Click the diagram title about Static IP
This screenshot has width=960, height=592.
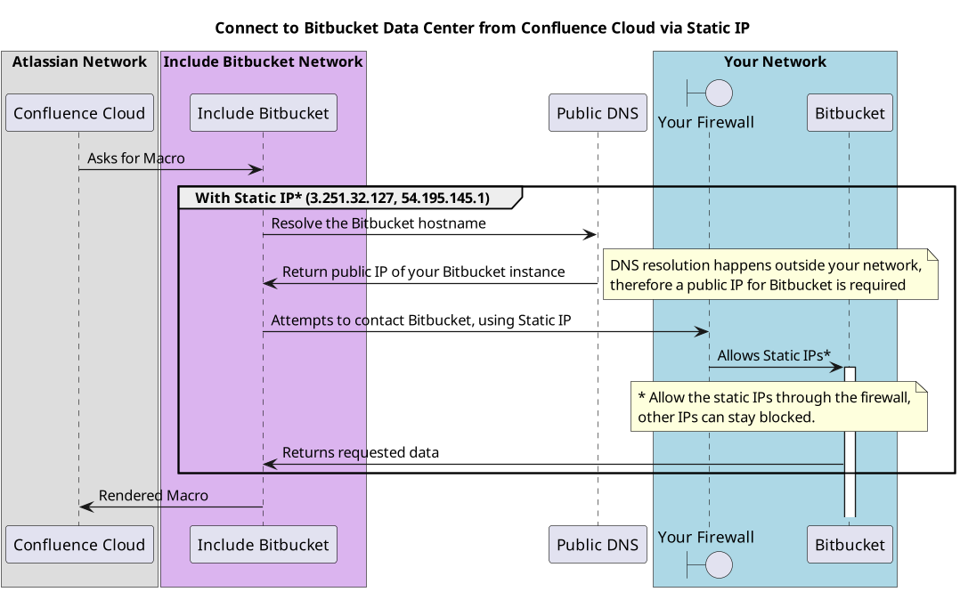point(482,28)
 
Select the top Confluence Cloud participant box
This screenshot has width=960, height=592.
point(79,113)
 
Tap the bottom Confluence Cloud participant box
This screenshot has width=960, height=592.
point(79,545)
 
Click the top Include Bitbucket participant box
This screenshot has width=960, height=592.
point(263,113)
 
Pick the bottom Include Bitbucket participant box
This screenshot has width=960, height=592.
point(263,545)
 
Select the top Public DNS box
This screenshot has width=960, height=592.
point(598,113)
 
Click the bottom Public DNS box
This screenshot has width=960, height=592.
point(598,545)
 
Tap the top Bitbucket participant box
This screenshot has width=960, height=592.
point(850,113)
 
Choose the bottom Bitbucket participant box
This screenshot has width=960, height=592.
point(850,545)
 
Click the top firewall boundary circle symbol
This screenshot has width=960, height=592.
point(718,93)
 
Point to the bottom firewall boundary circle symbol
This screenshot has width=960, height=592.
point(718,564)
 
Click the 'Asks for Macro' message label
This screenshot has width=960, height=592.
point(136,158)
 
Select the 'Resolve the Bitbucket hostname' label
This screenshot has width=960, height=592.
point(378,223)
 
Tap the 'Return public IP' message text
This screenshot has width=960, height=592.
point(423,272)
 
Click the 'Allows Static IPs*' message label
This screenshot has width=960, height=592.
point(774,355)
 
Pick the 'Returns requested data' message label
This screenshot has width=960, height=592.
point(361,452)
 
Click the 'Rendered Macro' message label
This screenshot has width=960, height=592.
point(153,496)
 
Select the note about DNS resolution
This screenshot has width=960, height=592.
point(769,275)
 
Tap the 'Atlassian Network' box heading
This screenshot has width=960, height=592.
point(79,62)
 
